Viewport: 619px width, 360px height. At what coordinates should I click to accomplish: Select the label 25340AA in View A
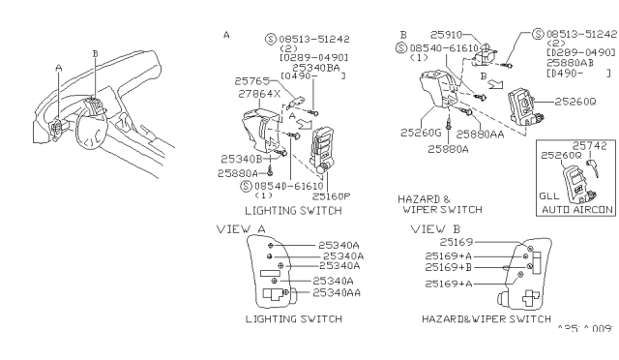[x=332, y=292]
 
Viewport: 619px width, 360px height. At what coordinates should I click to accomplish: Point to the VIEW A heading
[x=241, y=229]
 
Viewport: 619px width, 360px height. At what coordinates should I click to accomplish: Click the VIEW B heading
[x=427, y=229]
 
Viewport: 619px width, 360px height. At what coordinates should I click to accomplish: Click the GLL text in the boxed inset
[x=547, y=195]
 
